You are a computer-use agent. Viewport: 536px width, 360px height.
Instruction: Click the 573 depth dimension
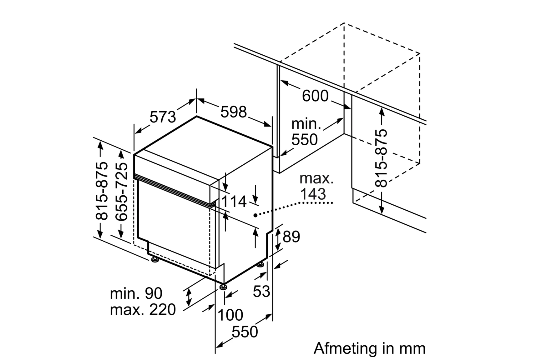pyautogui.click(x=163, y=117)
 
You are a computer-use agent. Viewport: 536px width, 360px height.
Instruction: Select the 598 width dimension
pyautogui.click(x=233, y=112)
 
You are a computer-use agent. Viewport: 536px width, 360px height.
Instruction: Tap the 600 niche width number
pyautogui.click(x=315, y=96)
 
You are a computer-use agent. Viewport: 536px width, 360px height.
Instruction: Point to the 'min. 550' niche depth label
pyautogui.click(x=306, y=132)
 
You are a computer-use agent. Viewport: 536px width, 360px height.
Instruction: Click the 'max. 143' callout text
pyautogui.click(x=316, y=186)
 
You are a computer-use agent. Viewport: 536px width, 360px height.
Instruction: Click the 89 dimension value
pyautogui.click(x=291, y=237)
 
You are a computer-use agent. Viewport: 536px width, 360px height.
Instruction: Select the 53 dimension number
pyautogui.click(x=261, y=291)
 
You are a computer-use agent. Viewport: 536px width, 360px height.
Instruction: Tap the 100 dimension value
pyautogui.click(x=230, y=315)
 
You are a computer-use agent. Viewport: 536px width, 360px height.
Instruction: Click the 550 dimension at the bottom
pyautogui.click(x=245, y=332)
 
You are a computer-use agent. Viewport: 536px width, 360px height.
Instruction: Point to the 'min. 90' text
pyautogui.click(x=136, y=293)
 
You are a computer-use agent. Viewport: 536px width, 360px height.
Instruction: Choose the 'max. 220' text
pyautogui.click(x=143, y=310)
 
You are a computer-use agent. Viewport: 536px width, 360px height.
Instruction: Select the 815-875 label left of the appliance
pyautogui.click(x=102, y=191)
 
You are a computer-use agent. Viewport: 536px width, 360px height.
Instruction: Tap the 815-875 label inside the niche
pyautogui.click(x=381, y=158)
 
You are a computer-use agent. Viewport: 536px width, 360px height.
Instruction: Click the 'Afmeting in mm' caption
pyautogui.click(x=369, y=348)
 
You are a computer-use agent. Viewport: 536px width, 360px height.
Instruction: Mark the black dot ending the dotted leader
pyautogui.click(x=255, y=215)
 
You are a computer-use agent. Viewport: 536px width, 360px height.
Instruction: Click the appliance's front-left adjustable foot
pyautogui.click(x=154, y=260)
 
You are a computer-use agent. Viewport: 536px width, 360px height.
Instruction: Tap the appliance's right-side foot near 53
pyautogui.click(x=260, y=265)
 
